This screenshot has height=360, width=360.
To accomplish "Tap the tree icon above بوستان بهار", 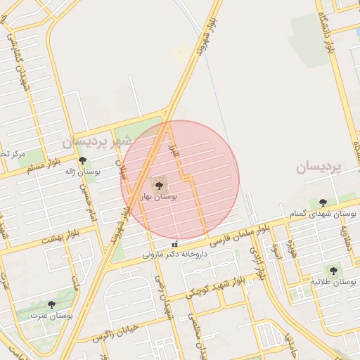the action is point(159,185).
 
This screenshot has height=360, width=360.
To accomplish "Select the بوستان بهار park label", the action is point(160,198).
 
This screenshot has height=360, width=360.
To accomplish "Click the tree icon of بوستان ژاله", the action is point(82,160).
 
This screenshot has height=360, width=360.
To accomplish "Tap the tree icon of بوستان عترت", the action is point(51,304).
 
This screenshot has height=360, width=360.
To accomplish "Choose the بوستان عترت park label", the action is point(51,316).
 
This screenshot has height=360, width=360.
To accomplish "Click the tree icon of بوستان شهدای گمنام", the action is point(323,202).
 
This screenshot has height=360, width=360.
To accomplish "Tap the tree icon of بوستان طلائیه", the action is point(333,271).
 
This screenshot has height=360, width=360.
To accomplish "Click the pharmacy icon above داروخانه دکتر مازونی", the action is point(175,244).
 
